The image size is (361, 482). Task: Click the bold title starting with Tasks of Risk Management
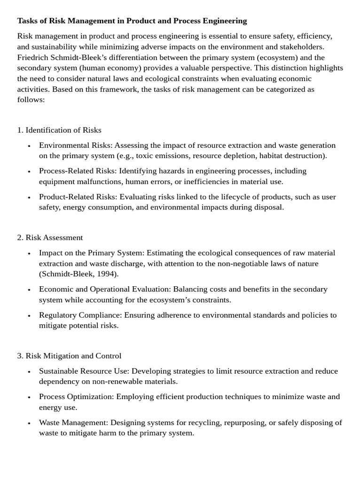point(132,21)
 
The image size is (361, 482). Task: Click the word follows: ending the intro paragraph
point(31,100)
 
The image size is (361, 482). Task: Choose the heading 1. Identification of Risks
point(59,130)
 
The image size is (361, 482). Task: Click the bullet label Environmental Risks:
point(76,145)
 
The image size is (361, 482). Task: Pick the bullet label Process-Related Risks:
point(78,171)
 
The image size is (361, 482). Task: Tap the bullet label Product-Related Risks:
point(78,197)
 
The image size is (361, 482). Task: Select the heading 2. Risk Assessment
point(50,238)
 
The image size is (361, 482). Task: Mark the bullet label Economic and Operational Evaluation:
point(105,289)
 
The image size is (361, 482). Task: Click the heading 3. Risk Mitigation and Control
point(69,356)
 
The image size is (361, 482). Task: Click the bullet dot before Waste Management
point(29,423)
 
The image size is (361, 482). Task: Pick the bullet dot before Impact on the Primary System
point(29,253)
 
